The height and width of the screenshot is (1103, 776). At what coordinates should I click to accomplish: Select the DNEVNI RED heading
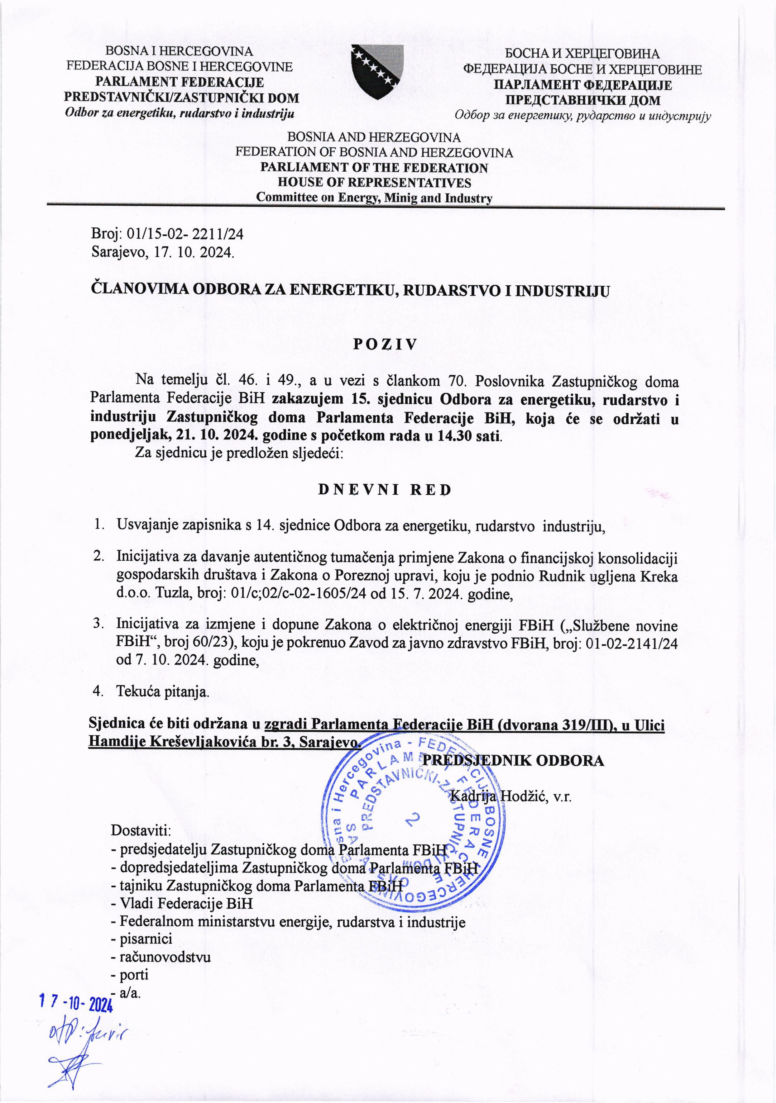385,490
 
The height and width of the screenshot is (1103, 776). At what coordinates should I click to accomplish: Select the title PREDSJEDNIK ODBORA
512,760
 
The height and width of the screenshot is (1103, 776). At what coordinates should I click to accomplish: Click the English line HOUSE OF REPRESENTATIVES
374,183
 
